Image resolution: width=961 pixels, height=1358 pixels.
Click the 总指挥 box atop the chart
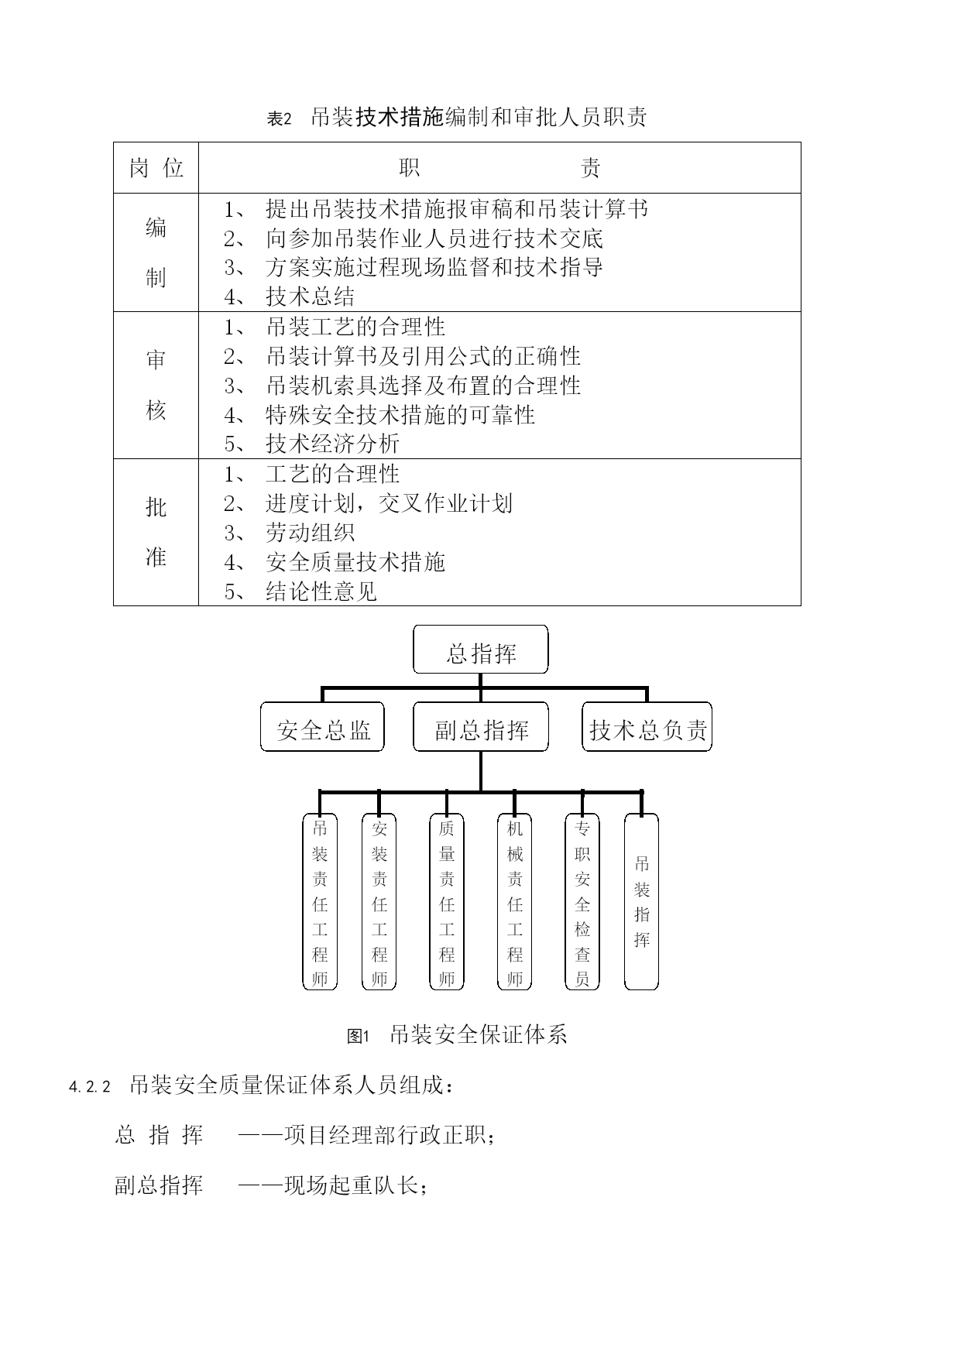[x=480, y=650]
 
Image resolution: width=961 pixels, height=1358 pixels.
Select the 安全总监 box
[x=322, y=727]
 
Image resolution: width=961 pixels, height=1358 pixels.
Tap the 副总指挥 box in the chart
[x=480, y=727]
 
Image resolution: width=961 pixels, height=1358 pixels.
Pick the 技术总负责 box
[x=647, y=727]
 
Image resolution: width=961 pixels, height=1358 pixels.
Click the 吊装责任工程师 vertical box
[x=319, y=901]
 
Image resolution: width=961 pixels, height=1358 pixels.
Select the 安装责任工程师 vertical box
[x=379, y=901]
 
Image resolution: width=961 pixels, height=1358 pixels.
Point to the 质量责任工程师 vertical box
[x=447, y=901]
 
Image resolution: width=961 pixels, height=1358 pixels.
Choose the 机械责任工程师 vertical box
[x=515, y=901]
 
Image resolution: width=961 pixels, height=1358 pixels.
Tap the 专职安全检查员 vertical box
[x=582, y=901]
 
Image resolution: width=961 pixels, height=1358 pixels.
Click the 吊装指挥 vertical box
[x=641, y=901]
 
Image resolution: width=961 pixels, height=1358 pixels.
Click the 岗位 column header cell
[x=156, y=167]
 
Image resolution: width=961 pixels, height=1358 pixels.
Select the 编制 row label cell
[x=156, y=252]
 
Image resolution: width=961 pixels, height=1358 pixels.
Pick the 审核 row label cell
[x=156, y=385]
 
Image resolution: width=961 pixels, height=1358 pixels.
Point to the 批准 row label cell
[x=156, y=532]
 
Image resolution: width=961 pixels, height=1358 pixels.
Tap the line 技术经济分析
[x=312, y=444]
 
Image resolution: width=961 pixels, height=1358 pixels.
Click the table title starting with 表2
[x=457, y=118]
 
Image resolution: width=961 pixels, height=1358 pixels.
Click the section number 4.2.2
[x=91, y=1087]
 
